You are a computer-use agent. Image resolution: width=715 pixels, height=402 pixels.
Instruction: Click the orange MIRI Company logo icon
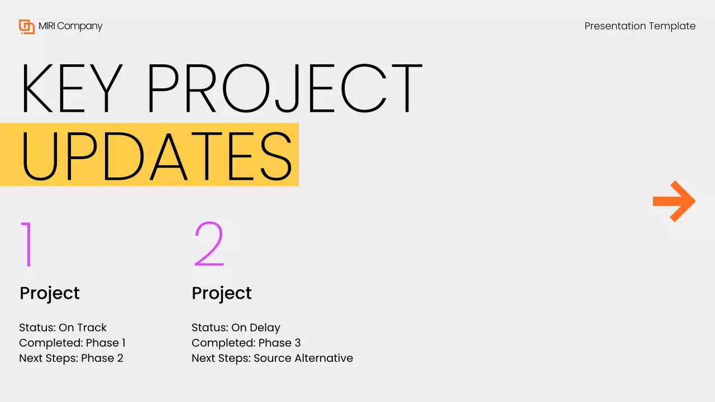coord(27,26)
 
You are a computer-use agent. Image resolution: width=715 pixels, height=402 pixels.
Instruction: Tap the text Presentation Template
coord(640,26)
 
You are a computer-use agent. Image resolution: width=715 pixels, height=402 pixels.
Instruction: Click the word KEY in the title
coord(70,89)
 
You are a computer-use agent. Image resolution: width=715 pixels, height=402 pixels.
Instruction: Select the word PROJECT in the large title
coord(284,89)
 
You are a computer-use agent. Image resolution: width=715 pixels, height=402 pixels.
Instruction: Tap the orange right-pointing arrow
coord(674,201)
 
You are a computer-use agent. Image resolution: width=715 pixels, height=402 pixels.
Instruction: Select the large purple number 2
coord(208,244)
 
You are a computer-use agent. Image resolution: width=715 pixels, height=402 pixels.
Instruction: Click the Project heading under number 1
coord(50,293)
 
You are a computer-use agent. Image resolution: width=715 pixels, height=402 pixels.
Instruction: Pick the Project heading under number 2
coord(222,293)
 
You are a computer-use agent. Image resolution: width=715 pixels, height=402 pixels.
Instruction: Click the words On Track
coord(83,328)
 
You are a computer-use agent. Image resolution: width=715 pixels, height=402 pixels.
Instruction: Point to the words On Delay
coord(256,328)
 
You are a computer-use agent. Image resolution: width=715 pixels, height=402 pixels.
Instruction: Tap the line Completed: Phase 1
coord(72,343)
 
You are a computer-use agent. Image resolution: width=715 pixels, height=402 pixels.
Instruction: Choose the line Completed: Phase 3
coord(246,343)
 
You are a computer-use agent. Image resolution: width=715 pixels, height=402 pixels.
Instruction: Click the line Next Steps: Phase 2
coord(71,358)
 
